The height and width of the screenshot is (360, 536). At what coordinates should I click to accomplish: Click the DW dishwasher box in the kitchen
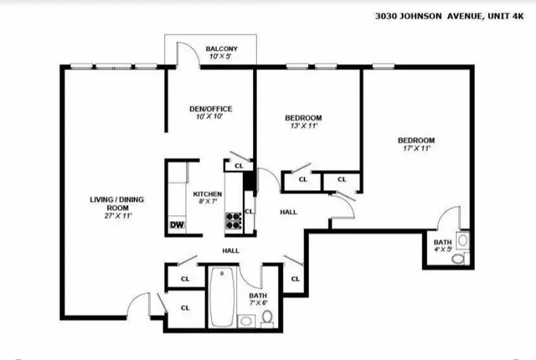(x=177, y=224)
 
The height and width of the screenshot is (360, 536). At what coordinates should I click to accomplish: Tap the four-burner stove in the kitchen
(x=234, y=220)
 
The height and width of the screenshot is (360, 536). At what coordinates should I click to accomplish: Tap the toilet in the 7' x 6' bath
(x=266, y=317)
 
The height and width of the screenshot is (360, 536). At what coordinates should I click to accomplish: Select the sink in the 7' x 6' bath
(x=245, y=319)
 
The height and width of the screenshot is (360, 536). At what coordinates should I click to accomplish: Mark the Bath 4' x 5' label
(x=441, y=244)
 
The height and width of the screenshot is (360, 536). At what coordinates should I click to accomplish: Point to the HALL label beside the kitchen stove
(x=288, y=212)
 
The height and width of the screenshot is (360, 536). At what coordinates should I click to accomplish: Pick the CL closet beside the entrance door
(x=185, y=307)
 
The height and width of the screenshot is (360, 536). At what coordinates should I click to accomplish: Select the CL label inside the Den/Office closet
(x=239, y=166)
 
